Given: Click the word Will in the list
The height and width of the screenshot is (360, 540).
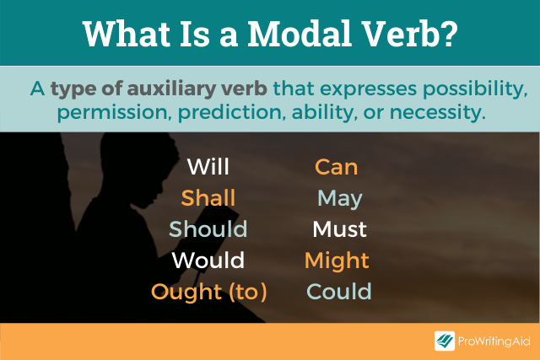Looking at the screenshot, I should pos(208,167).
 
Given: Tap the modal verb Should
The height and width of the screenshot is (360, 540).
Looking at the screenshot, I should pos(208,229).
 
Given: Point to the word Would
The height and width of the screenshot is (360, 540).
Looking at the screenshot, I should pos(208,261).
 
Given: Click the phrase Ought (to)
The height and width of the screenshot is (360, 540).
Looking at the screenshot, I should pos(208,292).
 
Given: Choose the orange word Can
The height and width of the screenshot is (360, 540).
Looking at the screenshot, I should pos(336,167).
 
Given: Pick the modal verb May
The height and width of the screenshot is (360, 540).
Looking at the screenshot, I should pos(339,198).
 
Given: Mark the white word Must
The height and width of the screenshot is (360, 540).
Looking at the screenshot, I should pos(339,229).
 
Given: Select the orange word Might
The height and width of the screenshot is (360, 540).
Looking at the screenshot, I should pos(337,261).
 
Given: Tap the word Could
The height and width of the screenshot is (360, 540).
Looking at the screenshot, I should pos(338,292).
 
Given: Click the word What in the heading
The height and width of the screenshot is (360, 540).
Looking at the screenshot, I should pos(127,33).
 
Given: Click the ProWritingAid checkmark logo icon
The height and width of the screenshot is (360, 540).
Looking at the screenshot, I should pos(445,341).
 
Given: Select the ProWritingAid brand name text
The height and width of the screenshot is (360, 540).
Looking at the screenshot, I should pos(494,341).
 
